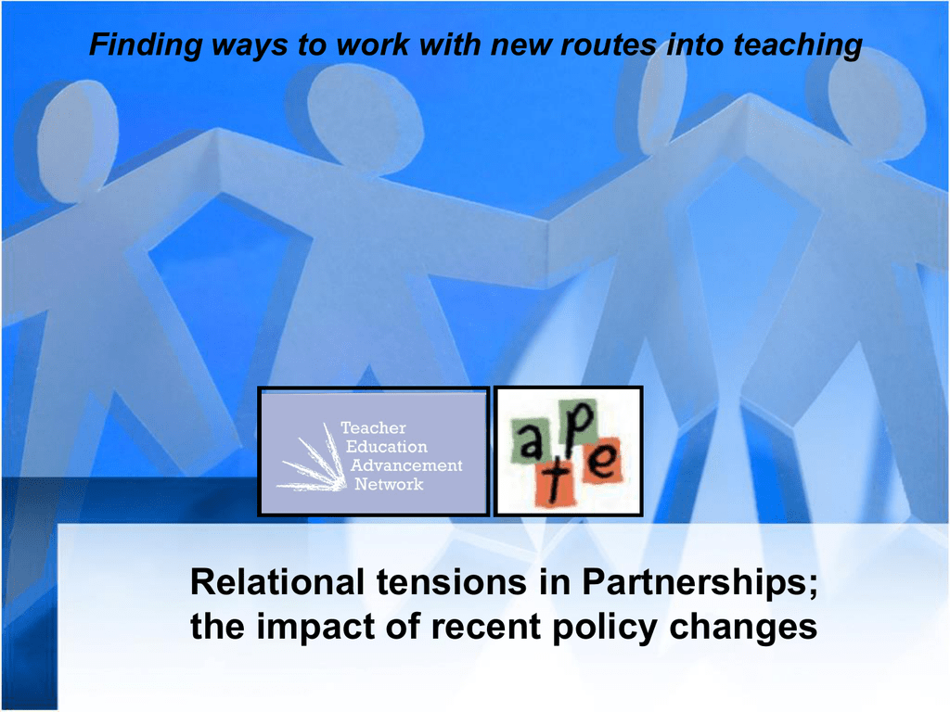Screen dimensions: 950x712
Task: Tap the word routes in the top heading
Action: tap(609, 44)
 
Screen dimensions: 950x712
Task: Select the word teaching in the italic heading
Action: tap(798, 45)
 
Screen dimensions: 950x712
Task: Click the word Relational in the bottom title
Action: tap(277, 582)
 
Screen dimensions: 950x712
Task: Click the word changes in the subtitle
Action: tap(743, 628)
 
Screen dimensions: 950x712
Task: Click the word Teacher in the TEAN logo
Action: tap(373, 428)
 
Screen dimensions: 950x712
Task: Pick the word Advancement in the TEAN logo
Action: tap(406, 465)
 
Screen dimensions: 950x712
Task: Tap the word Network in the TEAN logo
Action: tap(389, 484)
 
